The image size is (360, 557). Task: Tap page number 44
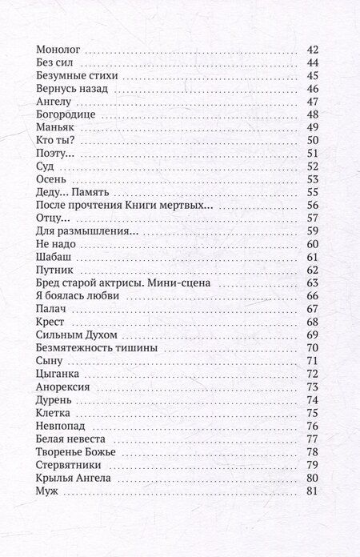(313, 63)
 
